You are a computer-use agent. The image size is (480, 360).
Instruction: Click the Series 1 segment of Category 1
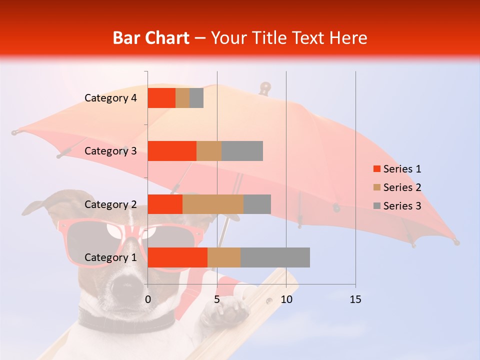[177, 257]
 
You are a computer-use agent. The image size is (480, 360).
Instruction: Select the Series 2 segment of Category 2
[213, 204]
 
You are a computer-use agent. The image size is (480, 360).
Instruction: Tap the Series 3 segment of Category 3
[242, 151]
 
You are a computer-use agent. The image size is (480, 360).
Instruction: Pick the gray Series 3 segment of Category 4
[196, 98]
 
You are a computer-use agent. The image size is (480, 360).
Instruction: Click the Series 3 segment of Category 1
[275, 257]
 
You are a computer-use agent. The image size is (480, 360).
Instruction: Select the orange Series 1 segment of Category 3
[172, 151]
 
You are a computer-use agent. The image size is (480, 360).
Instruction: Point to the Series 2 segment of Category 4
[182, 98]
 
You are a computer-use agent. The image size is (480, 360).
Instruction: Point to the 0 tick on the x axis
[148, 299]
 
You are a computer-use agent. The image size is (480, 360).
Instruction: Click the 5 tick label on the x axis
[217, 299]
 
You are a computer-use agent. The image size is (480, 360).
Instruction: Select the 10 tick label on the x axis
[286, 299]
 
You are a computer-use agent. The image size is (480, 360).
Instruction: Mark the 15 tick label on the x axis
[355, 299]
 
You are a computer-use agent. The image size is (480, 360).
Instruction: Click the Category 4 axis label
[110, 98]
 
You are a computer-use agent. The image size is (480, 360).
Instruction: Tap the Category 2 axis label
[110, 204]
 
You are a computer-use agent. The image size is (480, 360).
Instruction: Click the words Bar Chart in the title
[151, 38]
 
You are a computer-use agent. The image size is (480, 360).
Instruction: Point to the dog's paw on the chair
[227, 312]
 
